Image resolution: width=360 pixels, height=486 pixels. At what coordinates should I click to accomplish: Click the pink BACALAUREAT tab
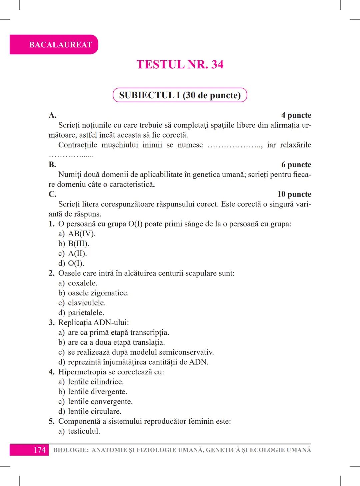[x=54, y=45]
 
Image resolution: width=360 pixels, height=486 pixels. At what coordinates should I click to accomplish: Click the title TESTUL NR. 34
[x=180, y=64]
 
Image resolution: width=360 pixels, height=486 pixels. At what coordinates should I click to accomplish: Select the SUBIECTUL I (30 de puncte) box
[x=180, y=95]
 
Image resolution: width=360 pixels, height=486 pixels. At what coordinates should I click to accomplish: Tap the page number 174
[x=39, y=450]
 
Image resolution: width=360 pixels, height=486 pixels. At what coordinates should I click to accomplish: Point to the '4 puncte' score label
[x=296, y=115]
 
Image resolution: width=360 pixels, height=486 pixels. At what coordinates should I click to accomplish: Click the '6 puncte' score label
[x=296, y=165]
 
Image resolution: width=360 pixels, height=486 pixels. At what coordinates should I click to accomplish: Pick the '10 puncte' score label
[x=294, y=194]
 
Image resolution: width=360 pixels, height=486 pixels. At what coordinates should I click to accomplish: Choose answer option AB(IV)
[x=82, y=234]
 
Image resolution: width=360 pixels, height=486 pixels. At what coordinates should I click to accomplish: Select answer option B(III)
[x=78, y=243]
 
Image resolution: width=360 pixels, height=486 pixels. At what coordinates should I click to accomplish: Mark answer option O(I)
[x=76, y=263]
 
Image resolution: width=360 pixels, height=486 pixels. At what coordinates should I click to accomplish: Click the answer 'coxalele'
[x=83, y=283]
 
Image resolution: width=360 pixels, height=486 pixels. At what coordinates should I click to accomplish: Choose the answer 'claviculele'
[x=87, y=303]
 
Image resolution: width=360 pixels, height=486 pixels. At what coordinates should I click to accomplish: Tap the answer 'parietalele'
[x=86, y=313]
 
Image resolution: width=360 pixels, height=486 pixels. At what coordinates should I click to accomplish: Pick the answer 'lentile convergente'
[x=100, y=402]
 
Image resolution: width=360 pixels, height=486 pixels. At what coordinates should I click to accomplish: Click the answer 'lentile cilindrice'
[x=96, y=382]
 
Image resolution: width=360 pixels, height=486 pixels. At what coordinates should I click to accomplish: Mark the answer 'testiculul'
[x=84, y=431]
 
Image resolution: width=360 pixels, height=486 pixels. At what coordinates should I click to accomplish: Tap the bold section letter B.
[x=52, y=165]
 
